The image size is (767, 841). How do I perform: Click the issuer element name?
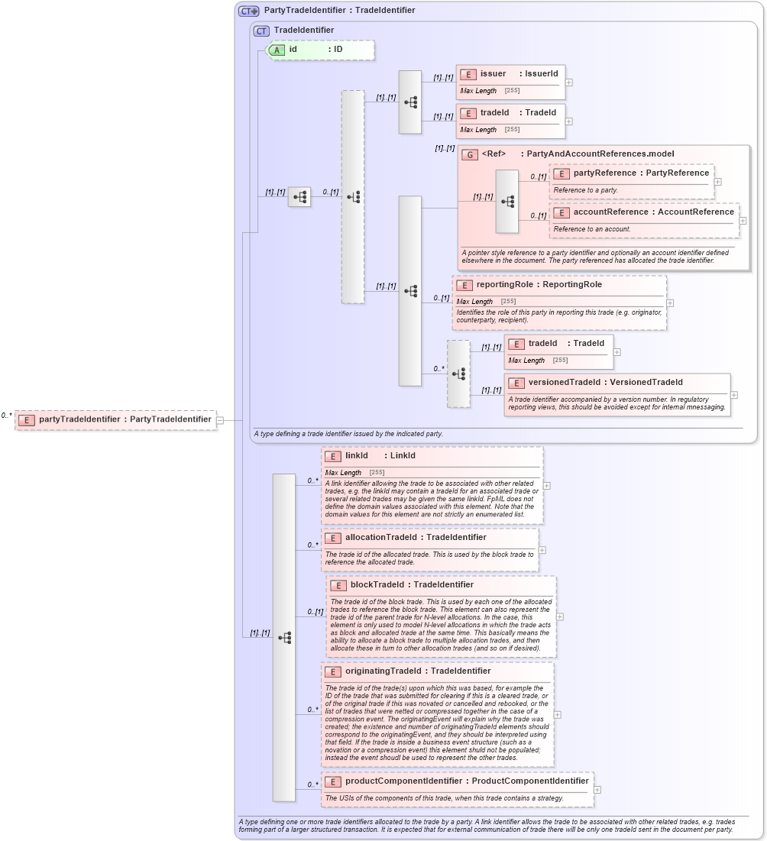(493, 73)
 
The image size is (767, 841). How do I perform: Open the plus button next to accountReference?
(743, 221)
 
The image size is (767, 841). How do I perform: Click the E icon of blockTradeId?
(338, 585)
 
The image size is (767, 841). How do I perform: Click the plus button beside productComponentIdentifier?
(597, 790)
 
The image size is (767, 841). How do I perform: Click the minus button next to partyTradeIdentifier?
(220, 419)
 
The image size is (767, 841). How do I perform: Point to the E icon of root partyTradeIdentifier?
(26, 419)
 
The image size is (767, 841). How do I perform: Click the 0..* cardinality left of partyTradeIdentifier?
(7, 416)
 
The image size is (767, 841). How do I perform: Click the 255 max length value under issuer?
(512, 90)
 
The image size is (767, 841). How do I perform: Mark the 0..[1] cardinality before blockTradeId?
(315, 612)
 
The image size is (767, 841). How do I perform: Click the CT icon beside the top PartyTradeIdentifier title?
(249, 11)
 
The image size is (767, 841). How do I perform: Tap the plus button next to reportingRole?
(670, 302)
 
